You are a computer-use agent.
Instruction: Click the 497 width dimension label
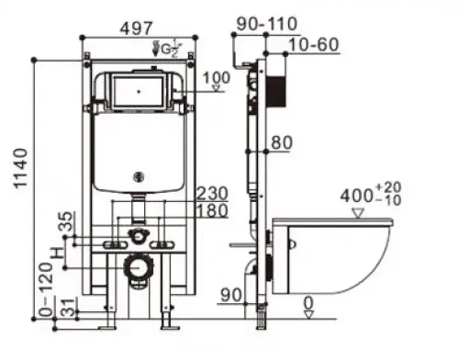pyautogui.click(x=136, y=28)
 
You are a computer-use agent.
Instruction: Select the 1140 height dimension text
pyautogui.click(x=21, y=168)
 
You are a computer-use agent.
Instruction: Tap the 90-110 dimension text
pyautogui.click(x=267, y=24)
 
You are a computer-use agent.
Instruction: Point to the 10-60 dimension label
pyautogui.click(x=314, y=45)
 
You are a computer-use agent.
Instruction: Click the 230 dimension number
pyautogui.click(x=212, y=194)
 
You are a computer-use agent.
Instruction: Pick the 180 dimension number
pyautogui.click(x=212, y=210)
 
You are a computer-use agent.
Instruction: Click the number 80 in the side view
pyautogui.click(x=282, y=142)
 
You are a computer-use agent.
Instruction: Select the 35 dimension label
pyautogui.click(x=66, y=221)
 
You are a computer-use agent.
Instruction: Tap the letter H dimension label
pyautogui.click(x=58, y=253)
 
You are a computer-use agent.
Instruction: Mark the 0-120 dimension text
pyautogui.click(x=46, y=289)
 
